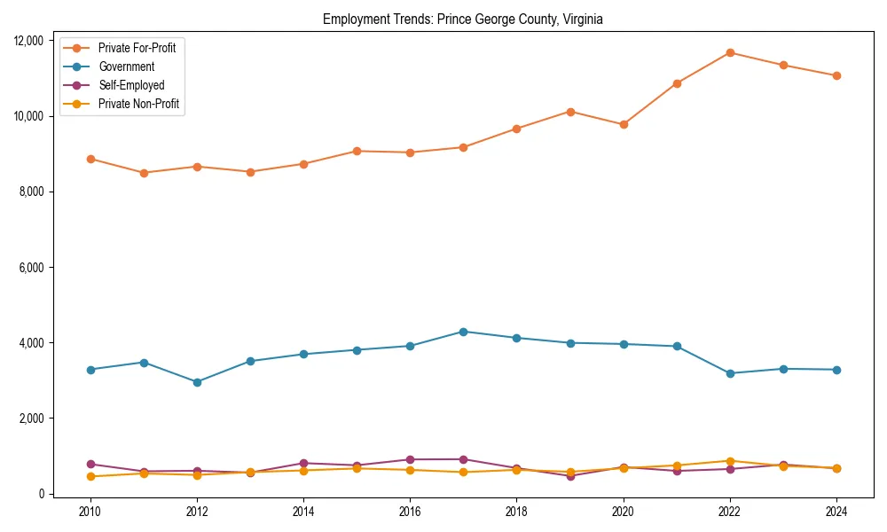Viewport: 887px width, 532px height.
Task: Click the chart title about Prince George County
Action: point(462,19)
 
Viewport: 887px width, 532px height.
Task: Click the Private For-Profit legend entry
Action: point(137,48)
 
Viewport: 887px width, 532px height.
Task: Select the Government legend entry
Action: point(126,66)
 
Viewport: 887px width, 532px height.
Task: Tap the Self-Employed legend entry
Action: point(131,85)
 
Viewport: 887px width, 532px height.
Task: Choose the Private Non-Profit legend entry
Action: point(138,104)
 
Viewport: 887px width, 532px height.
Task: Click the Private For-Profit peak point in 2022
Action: point(730,52)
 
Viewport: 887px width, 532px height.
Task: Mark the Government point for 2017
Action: point(463,332)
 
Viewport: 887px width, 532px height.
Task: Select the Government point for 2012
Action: point(197,382)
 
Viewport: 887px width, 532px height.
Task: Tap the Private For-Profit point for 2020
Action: point(624,124)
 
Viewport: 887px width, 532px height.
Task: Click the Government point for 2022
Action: point(730,373)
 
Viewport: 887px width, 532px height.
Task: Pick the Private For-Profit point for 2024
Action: point(836,75)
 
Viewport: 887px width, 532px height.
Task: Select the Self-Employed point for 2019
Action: point(570,476)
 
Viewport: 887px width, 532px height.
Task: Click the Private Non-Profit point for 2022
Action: point(730,461)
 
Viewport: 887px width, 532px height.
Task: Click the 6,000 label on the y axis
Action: point(30,267)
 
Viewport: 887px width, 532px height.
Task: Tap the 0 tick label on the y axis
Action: point(40,494)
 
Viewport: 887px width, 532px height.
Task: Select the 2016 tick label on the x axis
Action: point(410,512)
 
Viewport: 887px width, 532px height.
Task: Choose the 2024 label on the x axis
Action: point(836,512)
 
